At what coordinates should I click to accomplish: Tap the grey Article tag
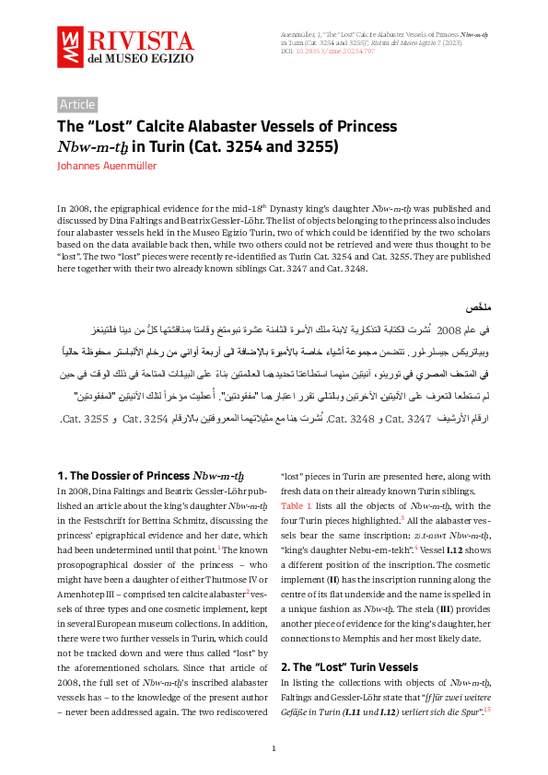77,104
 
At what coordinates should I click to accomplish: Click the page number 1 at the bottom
274,748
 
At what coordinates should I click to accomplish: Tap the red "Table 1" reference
297,507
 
